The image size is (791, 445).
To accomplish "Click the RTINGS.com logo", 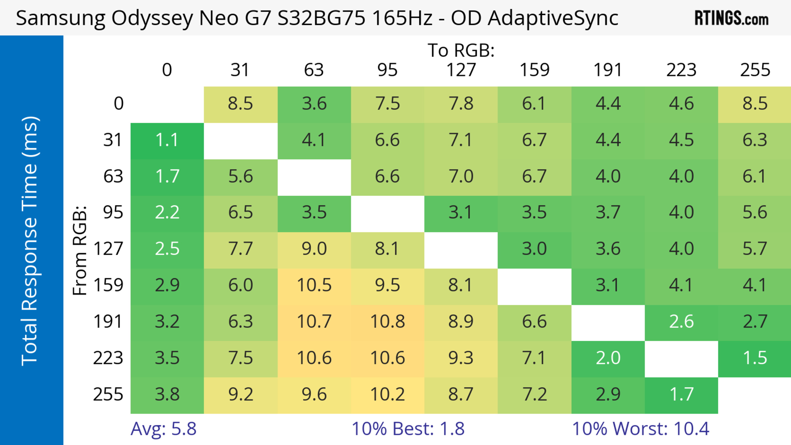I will pyautogui.click(x=731, y=18).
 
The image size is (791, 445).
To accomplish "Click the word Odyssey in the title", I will pyautogui.click(x=152, y=18).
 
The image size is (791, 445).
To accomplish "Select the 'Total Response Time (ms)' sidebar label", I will pyautogui.click(x=30, y=241).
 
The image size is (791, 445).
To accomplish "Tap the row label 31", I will pyautogui.click(x=113, y=140).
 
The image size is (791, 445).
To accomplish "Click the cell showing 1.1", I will pyautogui.click(x=167, y=140).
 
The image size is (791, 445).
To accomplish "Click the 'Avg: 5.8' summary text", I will pyautogui.click(x=163, y=429).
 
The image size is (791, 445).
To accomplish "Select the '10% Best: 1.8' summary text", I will pyautogui.click(x=408, y=429).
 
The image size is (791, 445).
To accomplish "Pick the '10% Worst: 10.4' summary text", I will pyautogui.click(x=641, y=429).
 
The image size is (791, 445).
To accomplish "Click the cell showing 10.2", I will pyautogui.click(x=387, y=394).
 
